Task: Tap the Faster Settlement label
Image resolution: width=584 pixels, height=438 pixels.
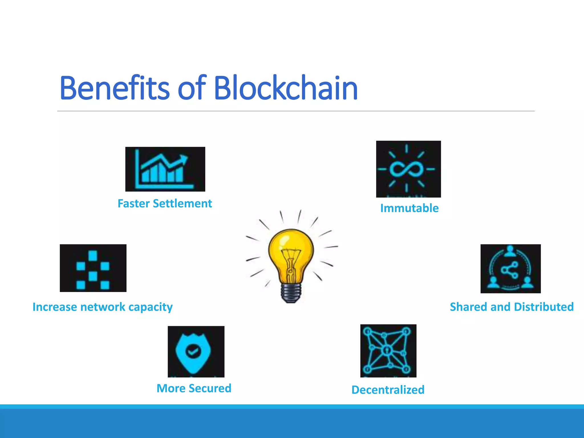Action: coord(165,204)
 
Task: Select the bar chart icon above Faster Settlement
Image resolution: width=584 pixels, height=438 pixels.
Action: coord(165,169)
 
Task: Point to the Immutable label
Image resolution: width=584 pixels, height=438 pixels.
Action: coord(409,208)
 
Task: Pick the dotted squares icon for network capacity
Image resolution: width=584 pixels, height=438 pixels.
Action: coord(93,268)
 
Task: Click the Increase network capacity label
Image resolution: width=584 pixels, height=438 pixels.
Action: coord(102,307)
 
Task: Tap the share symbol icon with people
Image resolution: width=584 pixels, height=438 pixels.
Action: coord(510,269)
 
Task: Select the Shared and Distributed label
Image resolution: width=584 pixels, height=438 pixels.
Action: coord(512,307)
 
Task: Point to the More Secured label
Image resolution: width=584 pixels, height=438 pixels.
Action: coord(194,388)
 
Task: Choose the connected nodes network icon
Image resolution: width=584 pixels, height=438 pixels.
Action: coord(388,351)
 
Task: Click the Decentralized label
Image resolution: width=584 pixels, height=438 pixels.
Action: coord(388,390)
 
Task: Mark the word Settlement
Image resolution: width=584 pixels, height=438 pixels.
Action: coord(182,204)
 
